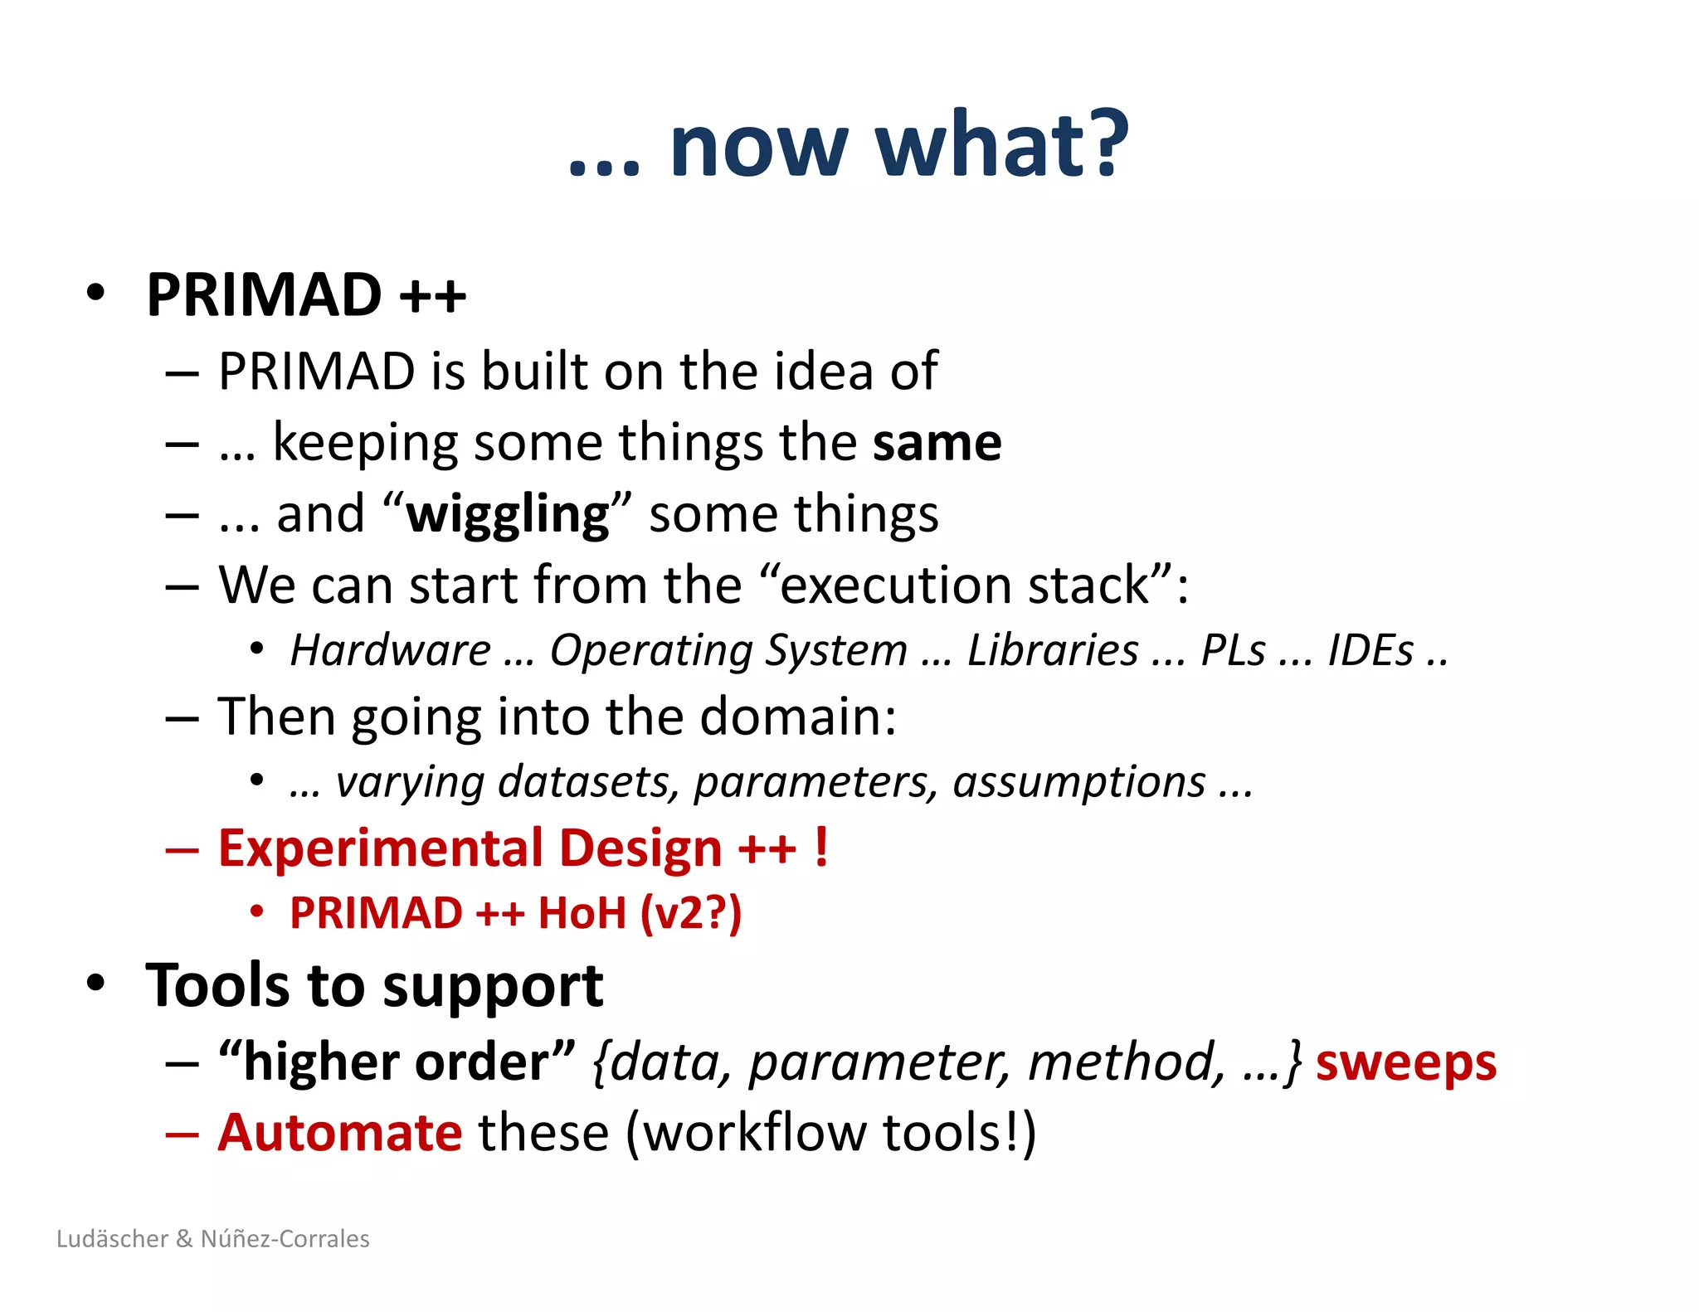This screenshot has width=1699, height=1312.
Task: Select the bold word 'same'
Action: tap(937, 443)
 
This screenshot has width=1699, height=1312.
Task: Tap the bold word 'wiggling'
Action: tap(508, 515)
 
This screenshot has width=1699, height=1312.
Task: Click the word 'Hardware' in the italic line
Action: tap(391, 650)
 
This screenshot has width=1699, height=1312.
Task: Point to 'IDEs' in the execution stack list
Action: tap(1370, 650)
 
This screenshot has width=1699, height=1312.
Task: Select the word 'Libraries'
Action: tap(1053, 650)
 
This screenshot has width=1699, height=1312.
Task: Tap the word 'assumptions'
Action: tap(1078, 782)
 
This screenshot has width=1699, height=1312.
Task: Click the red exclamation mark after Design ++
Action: tap(820, 848)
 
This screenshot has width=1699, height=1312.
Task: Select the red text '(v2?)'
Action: tap(690, 914)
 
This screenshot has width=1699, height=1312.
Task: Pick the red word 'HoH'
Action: tap(582, 914)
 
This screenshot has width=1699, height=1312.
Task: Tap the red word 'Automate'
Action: tap(339, 1133)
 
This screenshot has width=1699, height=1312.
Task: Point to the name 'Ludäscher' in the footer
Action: tap(113, 1239)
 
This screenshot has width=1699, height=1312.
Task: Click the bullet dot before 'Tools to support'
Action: tap(96, 983)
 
